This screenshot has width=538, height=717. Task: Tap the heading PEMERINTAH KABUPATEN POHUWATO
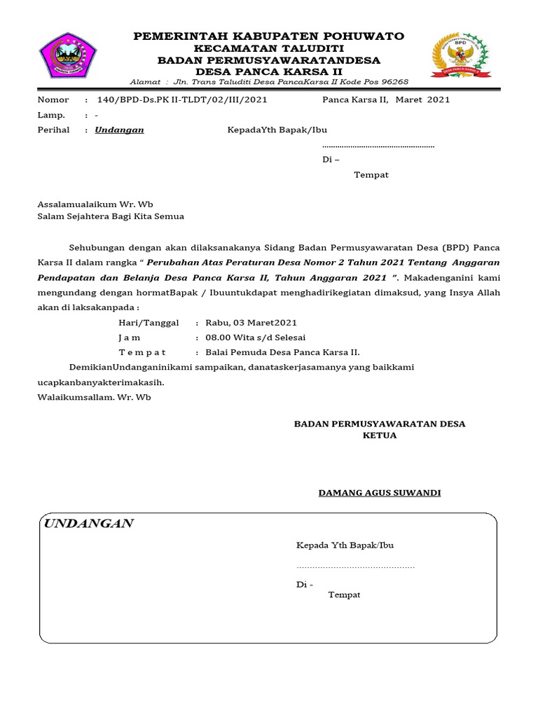tap(268, 36)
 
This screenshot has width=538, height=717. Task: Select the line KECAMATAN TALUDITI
tap(268, 48)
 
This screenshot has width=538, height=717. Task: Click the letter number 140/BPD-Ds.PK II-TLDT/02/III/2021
tap(181, 99)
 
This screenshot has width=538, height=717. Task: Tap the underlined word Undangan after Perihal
tap(119, 130)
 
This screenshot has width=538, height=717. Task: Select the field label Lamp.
tap(51, 115)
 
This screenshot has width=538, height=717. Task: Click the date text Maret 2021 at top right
tap(422, 99)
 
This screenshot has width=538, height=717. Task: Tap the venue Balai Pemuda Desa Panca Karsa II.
tap(282, 352)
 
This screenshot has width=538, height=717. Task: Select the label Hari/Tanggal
tap(149, 323)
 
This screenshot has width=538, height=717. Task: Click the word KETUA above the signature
tap(379, 436)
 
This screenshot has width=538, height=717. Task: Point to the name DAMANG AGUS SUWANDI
tap(379, 493)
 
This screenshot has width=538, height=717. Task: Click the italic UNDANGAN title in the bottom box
tap(88, 524)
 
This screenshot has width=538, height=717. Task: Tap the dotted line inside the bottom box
tap(355, 566)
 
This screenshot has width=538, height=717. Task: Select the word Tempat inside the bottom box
tap(344, 594)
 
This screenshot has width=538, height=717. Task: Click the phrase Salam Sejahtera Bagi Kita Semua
tap(111, 216)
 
